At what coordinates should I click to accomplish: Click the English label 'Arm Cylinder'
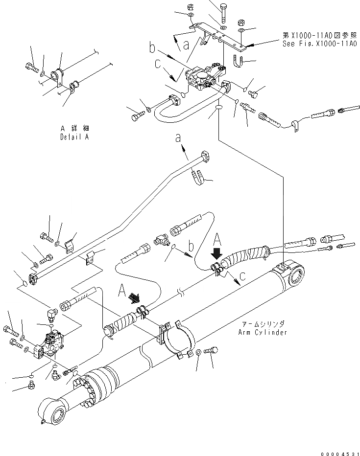(263, 332)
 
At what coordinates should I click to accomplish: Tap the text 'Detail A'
(75, 137)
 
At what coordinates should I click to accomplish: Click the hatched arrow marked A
(134, 298)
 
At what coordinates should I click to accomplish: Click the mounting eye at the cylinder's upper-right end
(296, 277)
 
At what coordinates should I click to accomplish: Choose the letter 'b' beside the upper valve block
(152, 48)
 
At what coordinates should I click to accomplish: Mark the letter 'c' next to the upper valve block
(158, 64)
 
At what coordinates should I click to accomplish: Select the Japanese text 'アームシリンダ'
(263, 324)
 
